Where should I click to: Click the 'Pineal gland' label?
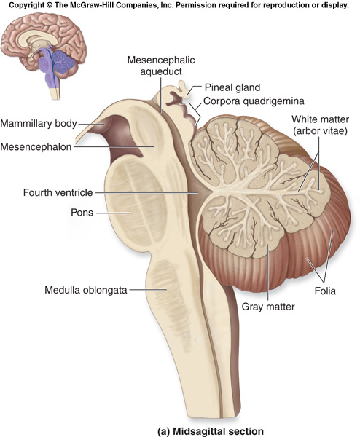tap(232, 87)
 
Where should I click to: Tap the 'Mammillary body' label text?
tap(39, 124)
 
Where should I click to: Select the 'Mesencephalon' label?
tap(36, 146)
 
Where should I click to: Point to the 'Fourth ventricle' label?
tap(58, 192)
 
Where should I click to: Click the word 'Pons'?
tap(82, 213)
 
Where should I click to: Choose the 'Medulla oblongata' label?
tap(86, 290)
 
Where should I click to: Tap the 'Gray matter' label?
tap(268, 307)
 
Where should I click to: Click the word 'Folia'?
tap(325, 291)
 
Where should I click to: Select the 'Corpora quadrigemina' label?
tap(254, 101)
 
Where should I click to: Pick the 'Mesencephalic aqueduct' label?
tap(161, 66)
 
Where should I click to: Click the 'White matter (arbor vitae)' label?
tap(320, 125)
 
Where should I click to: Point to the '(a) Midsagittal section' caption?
tap(211, 431)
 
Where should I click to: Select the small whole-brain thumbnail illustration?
tap(44, 56)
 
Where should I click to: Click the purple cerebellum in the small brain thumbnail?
tap(63, 62)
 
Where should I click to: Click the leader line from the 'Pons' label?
tap(113, 213)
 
